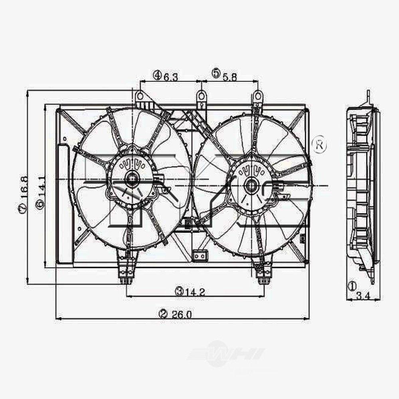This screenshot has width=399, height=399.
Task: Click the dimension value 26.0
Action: pyautogui.click(x=182, y=314)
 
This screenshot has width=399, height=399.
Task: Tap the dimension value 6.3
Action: pyautogui.click(x=170, y=77)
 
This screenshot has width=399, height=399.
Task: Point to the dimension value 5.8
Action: pyautogui.click(x=229, y=76)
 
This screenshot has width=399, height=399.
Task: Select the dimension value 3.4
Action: pyautogui.click(x=363, y=296)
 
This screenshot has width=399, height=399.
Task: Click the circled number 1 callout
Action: pyautogui.click(x=352, y=286)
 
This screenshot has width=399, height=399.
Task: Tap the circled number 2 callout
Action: pyautogui.click(x=162, y=314)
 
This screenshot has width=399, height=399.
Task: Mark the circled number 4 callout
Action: pyautogui.click(x=157, y=75)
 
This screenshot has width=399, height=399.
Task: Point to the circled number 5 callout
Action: pyautogui.click(x=216, y=73)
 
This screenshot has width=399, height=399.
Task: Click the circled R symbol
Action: pyautogui.click(x=320, y=145)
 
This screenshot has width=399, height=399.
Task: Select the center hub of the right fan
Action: pyautogui.click(x=251, y=186)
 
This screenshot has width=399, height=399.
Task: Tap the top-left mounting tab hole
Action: pyautogui.click(x=140, y=96)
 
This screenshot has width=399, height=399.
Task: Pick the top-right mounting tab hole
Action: pyautogui.click(x=258, y=96)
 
